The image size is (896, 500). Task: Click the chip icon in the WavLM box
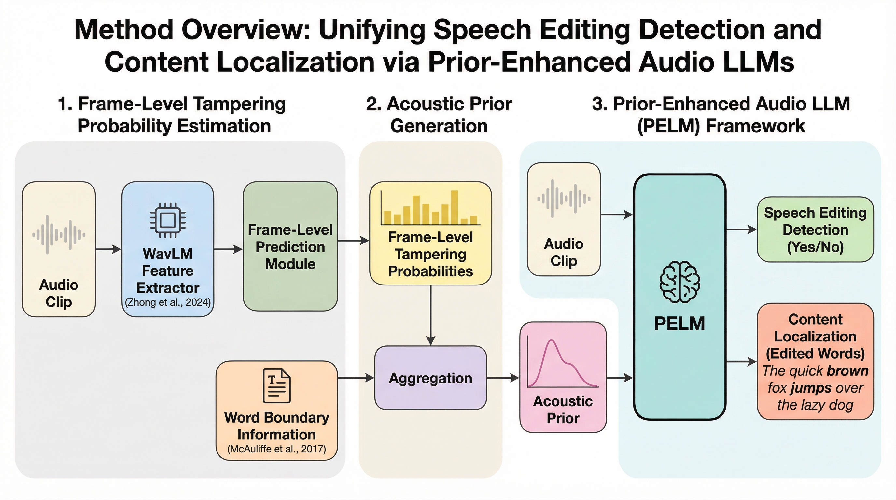pyautogui.click(x=168, y=220)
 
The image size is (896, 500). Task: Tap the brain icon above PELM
pyautogui.click(x=680, y=282)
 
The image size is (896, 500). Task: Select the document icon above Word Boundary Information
pyautogui.click(x=276, y=386)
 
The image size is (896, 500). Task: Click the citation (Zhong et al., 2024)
pyautogui.click(x=168, y=302)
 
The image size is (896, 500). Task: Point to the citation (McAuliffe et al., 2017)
pyautogui.click(x=276, y=449)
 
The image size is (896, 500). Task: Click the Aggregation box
pyautogui.click(x=430, y=378)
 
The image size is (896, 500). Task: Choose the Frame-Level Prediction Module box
pyautogui.click(x=290, y=246)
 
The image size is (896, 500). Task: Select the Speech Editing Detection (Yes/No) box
pyautogui.click(x=815, y=229)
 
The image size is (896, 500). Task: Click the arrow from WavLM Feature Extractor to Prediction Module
pyautogui.click(x=228, y=249)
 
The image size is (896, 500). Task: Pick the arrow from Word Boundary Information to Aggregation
pyautogui.click(x=356, y=378)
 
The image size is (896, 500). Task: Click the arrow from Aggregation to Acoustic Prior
pyautogui.click(x=503, y=378)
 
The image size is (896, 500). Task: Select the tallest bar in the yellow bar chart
pyautogui.click(x=454, y=207)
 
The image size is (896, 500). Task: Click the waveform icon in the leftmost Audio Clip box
pyautogui.click(x=58, y=235)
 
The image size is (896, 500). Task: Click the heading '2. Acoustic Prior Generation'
pyautogui.click(x=439, y=115)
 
